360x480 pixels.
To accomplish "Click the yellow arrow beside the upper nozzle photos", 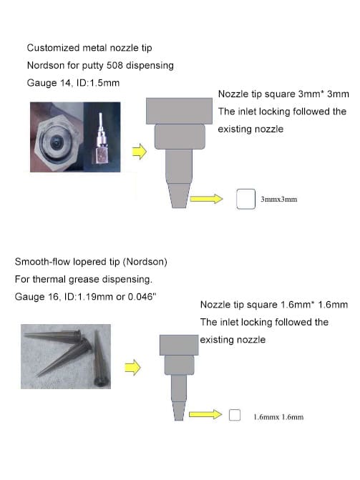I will pos(140,152).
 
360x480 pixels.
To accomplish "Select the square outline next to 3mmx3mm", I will pos(245,199).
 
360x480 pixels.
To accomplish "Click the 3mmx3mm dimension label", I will pos(278,200).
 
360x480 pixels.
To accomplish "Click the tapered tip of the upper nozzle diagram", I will pos(178,195).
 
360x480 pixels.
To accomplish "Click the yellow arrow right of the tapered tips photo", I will pos(132,367).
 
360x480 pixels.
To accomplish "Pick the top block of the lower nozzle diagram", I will pos(177,343).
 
